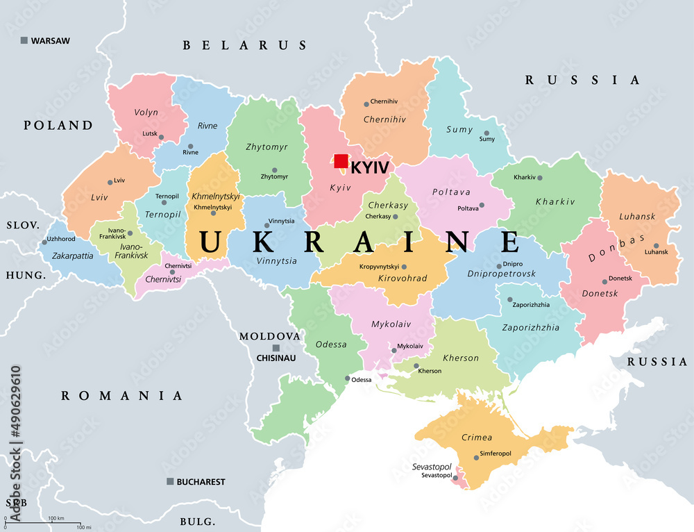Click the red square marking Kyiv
point(341,161)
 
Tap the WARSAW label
point(50,41)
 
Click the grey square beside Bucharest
point(170,481)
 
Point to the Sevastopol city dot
point(455,477)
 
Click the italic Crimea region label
point(477,438)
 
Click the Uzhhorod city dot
point(44,242)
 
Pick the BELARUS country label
point(244,46)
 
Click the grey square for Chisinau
point(276,348)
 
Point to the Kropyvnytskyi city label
point(379,267)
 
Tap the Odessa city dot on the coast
point(348,379)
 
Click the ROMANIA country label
point(122,396)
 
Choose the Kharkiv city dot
point(540,178)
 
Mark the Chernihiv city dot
point(366,104)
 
